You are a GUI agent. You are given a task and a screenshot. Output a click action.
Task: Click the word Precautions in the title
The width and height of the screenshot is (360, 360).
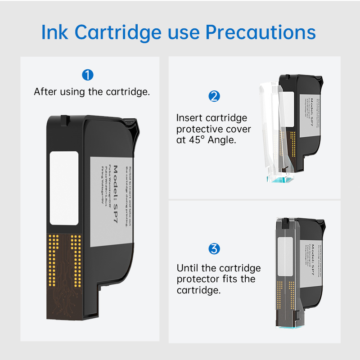pyautogui.click(x=261, y=32)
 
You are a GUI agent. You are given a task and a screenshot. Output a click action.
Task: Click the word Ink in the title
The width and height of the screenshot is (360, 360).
pyautogui.click(x=55, y=32)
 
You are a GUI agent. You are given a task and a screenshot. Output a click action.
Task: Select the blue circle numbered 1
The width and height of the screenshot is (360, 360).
pyautogui.click(x=88, y=74)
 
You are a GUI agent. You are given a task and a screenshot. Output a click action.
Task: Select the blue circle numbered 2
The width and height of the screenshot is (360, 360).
pyautogui.click(x=214, y=96)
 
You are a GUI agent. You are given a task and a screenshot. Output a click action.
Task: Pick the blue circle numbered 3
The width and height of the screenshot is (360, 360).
pyautogui.click(x=214, y=248)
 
